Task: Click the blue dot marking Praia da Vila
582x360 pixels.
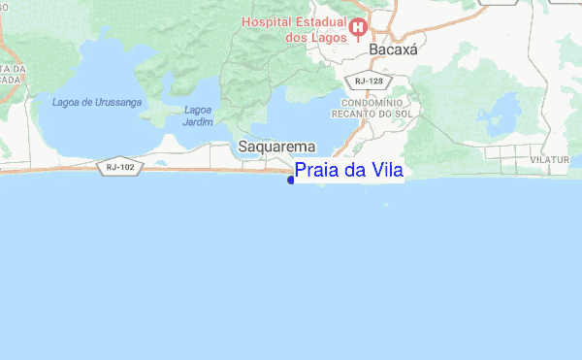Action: click(x=292, y=178)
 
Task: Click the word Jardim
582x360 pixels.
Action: click(x=199, y=122)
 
